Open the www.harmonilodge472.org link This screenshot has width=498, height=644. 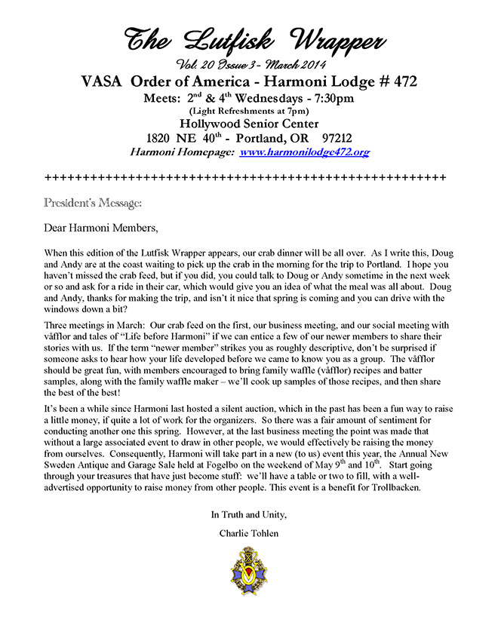(304, 152)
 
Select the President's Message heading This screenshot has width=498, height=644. (92, 203)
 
